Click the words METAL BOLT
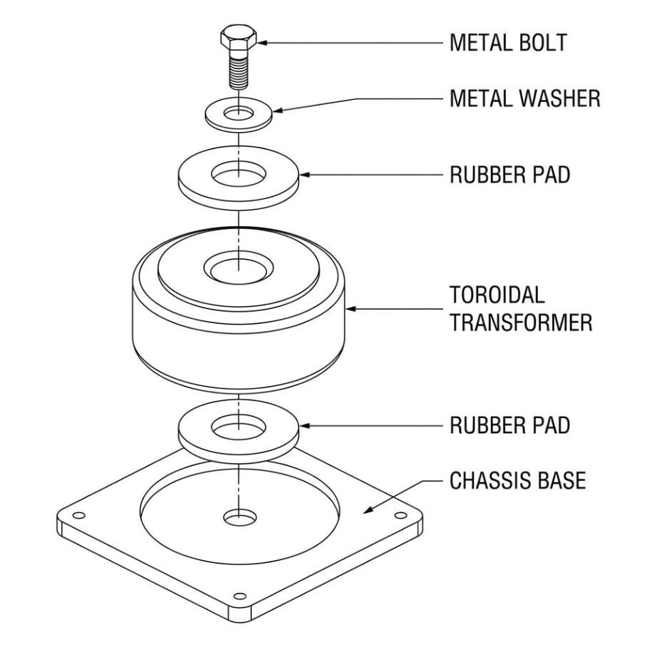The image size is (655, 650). coord(507,43)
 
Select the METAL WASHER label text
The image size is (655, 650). coord(524,100)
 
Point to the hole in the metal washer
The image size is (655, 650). coord(239,113)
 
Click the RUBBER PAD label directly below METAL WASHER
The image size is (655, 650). coord(509,175)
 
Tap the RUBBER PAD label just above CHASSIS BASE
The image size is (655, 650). coord(509,425)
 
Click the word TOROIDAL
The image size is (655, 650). coord(496,295)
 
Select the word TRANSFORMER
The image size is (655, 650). coord(520,323)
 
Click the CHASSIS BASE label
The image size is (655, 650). coord(517,480)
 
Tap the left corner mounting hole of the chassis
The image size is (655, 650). coord(79,515)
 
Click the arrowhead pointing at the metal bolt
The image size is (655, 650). coord(261,43)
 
